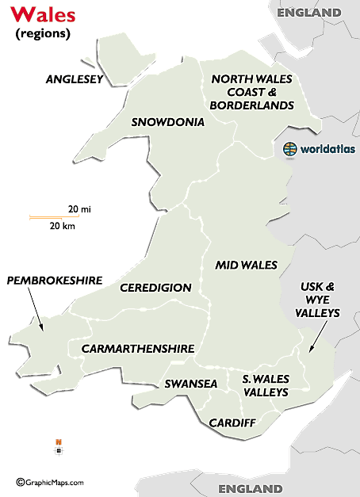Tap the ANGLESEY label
point(74,79)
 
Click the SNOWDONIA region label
point(167,122)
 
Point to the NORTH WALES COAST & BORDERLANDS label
point(251,91)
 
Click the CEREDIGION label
point(155,288)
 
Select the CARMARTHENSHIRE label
point(136,348)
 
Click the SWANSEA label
point(190,384)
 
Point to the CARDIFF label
point(232,422)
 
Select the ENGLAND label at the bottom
point(251,488)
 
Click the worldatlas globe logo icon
point(291,148)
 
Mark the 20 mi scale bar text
point(78,209)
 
